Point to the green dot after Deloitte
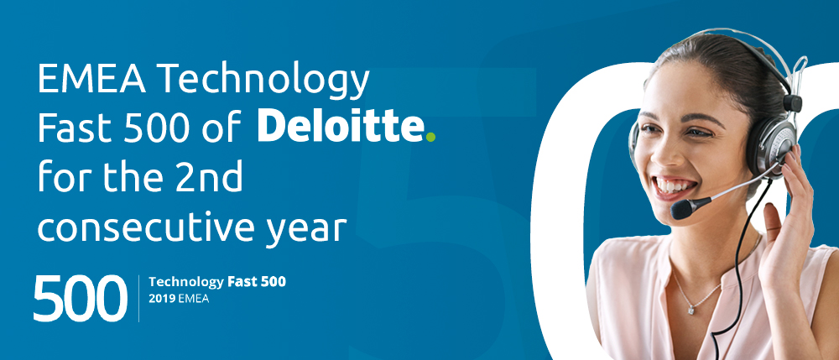click(430, 138)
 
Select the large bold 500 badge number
click(81, 299)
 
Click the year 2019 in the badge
click(160, 299)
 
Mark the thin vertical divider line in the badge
click(138, 299)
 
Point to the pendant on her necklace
click(691, 310)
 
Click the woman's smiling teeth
click(675, 185)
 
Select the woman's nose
click(665, 150)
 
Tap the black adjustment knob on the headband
click(793, 102)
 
